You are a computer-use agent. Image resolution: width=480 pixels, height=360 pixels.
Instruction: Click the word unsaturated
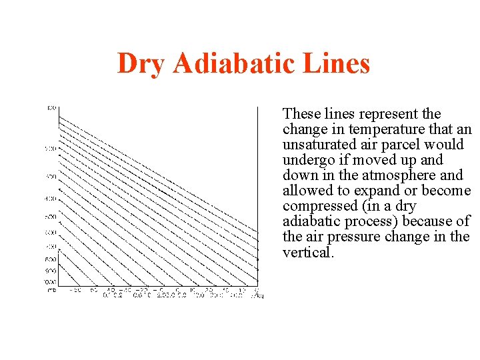319,145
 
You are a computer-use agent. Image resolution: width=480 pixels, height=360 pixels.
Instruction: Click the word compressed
316,206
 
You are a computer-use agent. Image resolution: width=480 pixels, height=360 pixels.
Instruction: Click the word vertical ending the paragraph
307,252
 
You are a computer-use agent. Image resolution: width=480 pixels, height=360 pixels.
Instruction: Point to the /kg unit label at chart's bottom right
258,294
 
